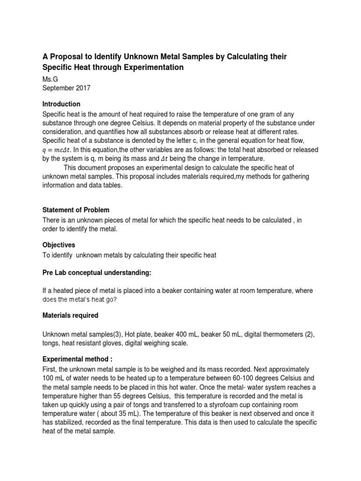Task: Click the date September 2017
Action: [67, 88]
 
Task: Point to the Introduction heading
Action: [62, 104]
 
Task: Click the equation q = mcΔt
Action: [58, 150]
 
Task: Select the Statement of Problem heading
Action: [76, 209]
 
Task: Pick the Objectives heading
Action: [59, 245]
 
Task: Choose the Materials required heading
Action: [71, 315]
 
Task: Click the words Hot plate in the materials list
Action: [127, 334]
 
